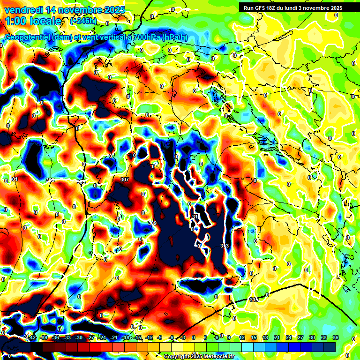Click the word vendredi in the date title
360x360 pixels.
click(21, 9)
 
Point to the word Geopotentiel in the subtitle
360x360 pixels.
click(27, 37)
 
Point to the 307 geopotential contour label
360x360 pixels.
click(124, 180)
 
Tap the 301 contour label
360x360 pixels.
click(14, 180)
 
